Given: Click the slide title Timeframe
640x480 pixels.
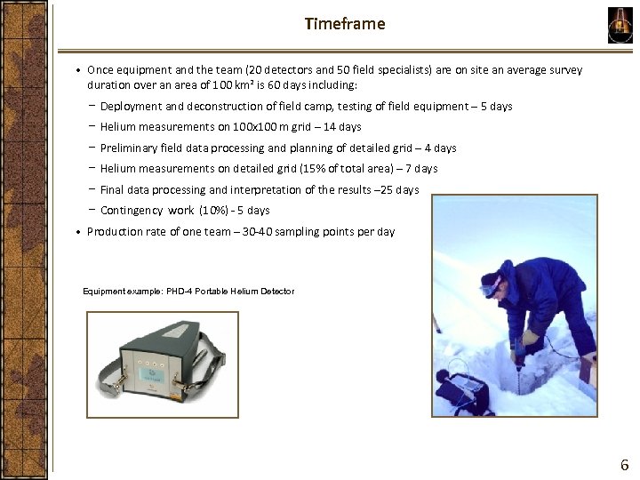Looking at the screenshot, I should [345, 24].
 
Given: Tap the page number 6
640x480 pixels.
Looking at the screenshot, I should [624, 464].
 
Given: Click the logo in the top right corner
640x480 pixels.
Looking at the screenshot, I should [620, 24].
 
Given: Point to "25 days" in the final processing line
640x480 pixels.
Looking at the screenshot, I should [399, 189].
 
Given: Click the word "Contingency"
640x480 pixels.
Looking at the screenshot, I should [132, 211].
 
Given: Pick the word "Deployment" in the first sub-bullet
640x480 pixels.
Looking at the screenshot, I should [130, 107].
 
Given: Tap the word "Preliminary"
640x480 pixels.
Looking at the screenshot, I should [128, 148].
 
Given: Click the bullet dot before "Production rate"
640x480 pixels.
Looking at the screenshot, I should [79, 232].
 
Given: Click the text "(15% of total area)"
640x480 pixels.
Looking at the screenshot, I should [340, 169].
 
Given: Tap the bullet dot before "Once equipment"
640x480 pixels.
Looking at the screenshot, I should [79, 69].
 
